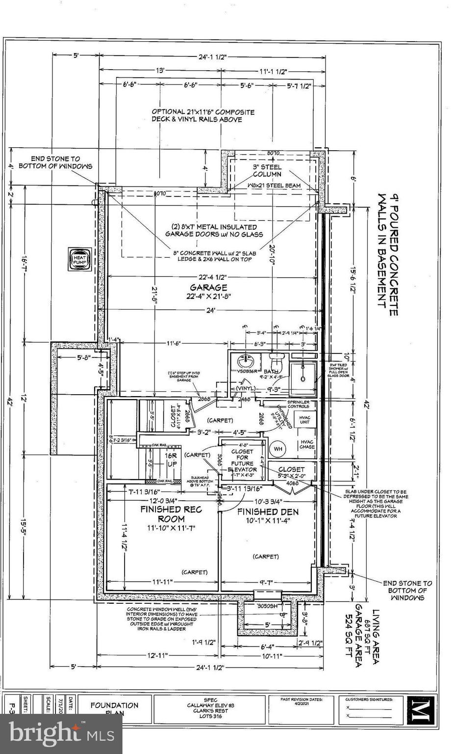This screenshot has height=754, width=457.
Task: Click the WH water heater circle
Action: click(278, 449)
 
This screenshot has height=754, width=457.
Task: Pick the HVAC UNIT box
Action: click(305, 420)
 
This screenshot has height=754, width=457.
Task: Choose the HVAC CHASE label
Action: click(307, 444)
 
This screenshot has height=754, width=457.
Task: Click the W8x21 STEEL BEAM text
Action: click(274, 186)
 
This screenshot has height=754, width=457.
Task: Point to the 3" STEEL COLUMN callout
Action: click(267, 170)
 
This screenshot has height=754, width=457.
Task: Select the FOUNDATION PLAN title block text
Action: click(114, 709)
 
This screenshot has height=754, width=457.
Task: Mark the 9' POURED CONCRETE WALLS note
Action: click(387, 250)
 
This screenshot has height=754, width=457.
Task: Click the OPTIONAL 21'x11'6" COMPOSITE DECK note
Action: click(203, 115)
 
